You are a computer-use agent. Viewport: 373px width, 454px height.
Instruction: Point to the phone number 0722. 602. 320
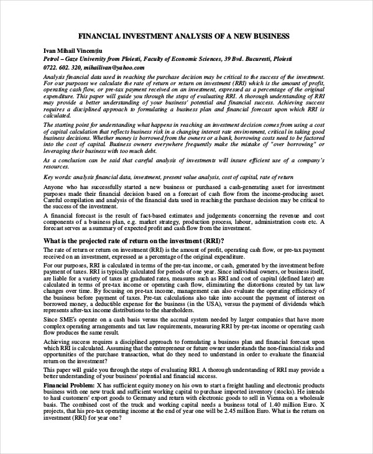pyautogui.click(x=62, y=68)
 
